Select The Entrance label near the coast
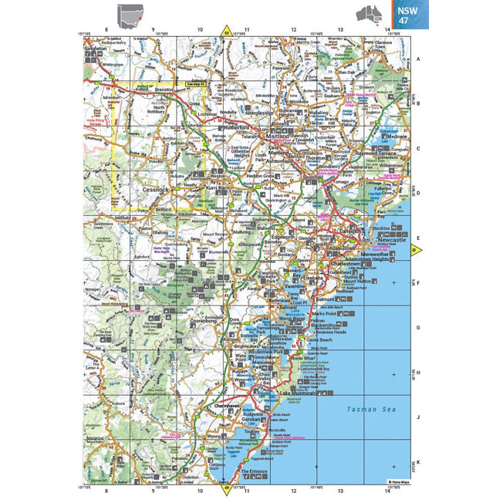253,470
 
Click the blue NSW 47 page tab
405,15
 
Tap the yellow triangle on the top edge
226,32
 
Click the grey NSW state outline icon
128,14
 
